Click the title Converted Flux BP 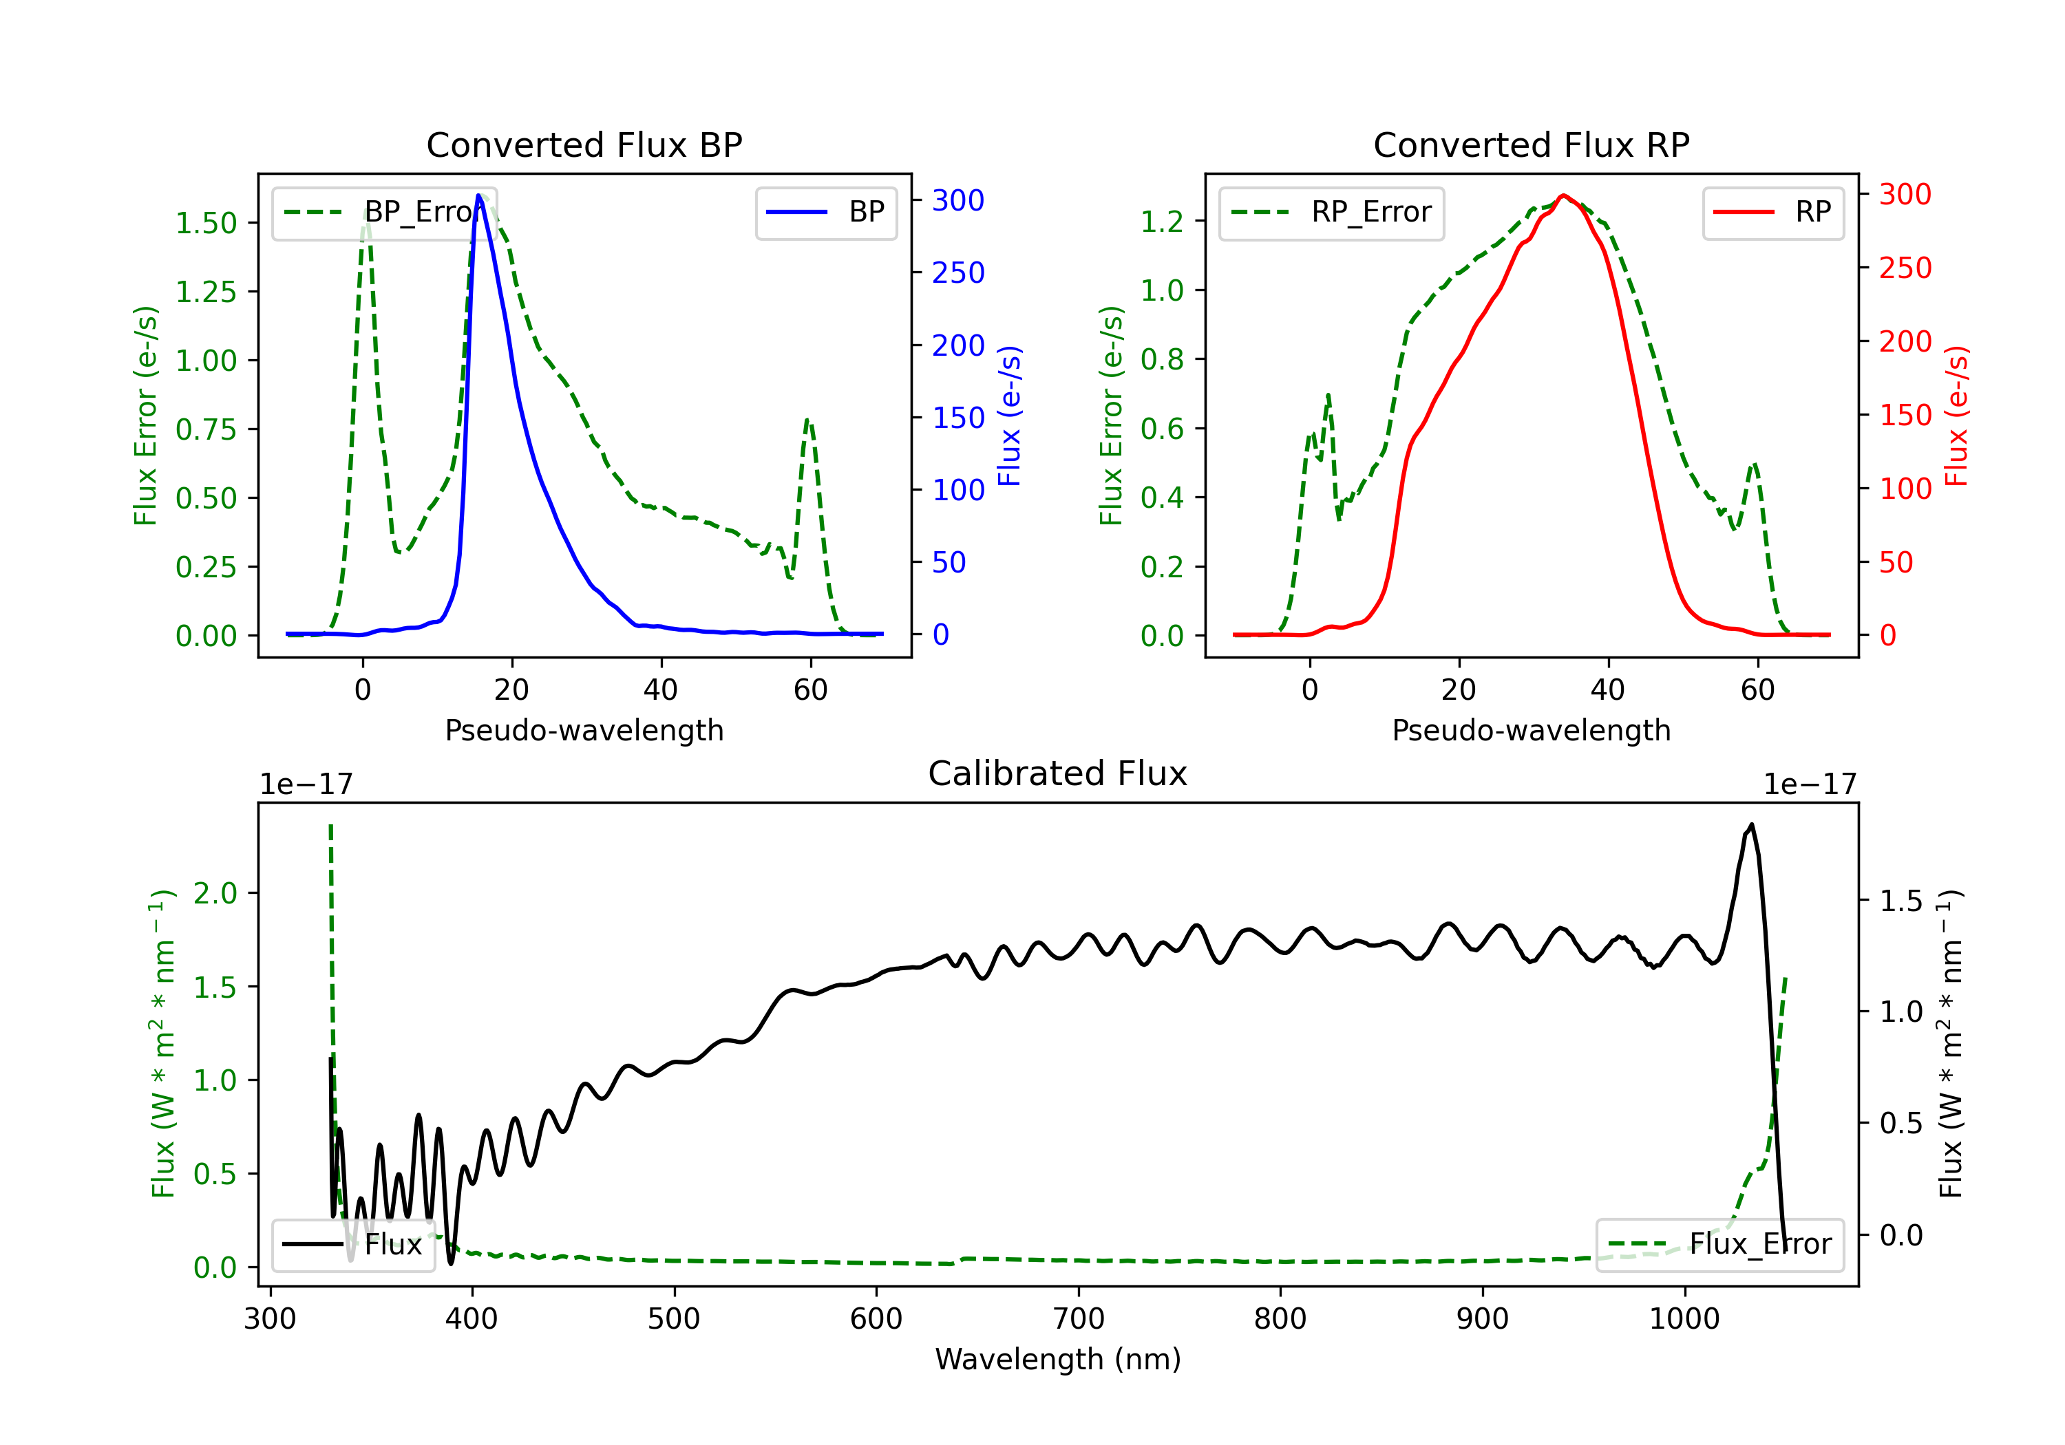(x=584, y=144)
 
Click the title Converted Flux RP (x=1531, y=144)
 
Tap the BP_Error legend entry (x=385, y=212)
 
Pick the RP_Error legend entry (x=1331, y=212)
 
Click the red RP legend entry (x=1772, y=212)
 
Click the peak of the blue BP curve (x=479, y=195)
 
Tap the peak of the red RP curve (x=1564, y=195)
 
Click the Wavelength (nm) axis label (x=1058, y=1359)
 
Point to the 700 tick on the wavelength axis (x=1079, y=1318)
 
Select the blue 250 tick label (x=958, y=272)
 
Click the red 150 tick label (x=1905, y=416)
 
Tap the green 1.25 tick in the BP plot (x=206, y=292)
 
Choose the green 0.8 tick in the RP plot (x=1162, y=360)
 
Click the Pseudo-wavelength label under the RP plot (x=1531, y=730)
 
